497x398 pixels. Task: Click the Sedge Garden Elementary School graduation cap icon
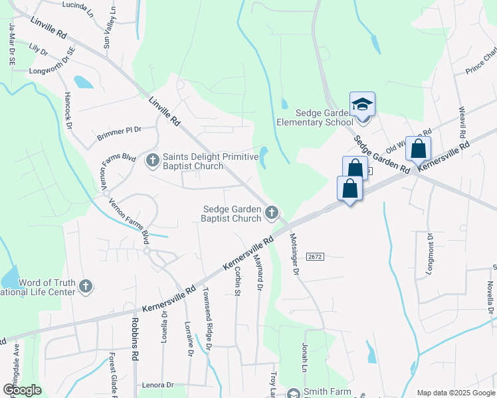362,105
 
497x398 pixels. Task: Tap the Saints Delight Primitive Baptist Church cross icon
153,159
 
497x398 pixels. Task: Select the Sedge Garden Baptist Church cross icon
271,213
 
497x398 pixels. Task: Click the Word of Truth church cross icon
84,287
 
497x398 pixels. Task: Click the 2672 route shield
314,256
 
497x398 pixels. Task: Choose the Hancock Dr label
67,106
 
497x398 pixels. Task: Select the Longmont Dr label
430,253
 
